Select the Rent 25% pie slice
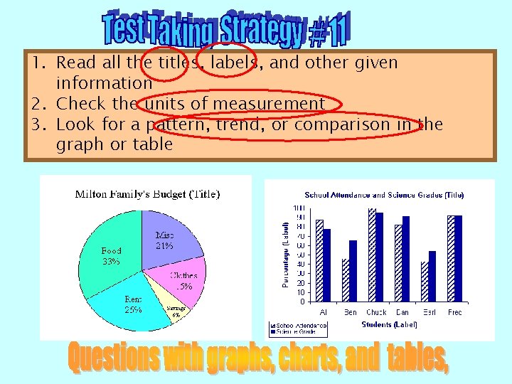pyautogui.click(x=132, y=306)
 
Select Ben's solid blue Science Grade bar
pyautogui.click(x=353, y=271)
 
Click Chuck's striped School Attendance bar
pyautogui.click(x=371, y=255)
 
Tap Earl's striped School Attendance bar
pyautogui.click(x=425, y=282)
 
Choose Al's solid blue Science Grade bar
pyautogui.click(x=326, y=265)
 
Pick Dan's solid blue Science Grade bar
pyautogui.click(x=406, y=259)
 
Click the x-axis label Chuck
pyautogui.click(x=376, y=313)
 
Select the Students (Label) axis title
pyautogui.click(x=389, y=324)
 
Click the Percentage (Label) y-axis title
pyautogui.click(x=286, y=253)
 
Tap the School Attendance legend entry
pyautogui.click(x=298, y=325)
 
